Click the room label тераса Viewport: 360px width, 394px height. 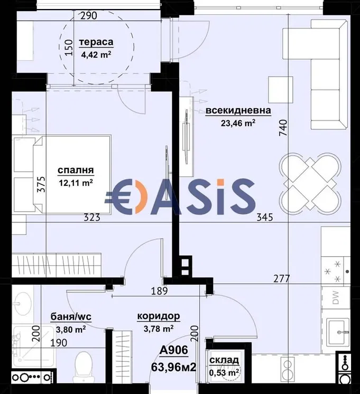96,42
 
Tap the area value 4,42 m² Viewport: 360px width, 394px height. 96,54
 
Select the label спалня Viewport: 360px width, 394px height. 76,171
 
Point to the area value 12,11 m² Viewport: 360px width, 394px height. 76,183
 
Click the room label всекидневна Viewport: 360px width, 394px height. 238,110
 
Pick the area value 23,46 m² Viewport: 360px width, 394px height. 238,123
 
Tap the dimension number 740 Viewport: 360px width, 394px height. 283,128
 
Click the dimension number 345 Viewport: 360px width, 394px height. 265,217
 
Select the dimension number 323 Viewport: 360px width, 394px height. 92,217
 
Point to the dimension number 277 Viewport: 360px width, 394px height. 282,278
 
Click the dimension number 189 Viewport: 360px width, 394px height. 159,291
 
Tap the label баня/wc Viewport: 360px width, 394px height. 71,317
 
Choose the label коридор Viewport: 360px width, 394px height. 159,316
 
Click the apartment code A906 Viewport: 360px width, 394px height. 174,350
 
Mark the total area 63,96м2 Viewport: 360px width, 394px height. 173,368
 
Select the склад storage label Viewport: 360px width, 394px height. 224,360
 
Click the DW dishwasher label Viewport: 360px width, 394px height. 336,298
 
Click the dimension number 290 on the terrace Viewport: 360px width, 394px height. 89,16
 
